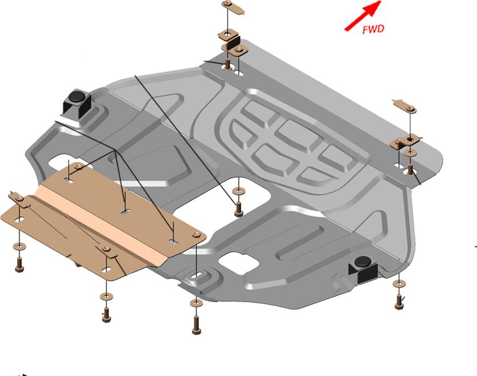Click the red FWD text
pyautogui.click(x=373, y=29)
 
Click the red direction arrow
pyautogui.click(x=362, y=16)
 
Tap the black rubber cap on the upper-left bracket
pyautogui.click(x=76, y=96)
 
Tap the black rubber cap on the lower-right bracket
pyautogui.click(x=362, y=262)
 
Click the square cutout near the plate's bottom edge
pyautogui.click(x=239, y=261)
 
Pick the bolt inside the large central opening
pyautogui.click(x=238, y=209)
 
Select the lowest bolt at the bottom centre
pyautogui.click(x=197, y=325)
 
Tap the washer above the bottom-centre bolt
pyautogui.click(x=196, y=303)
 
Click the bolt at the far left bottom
pyautogui.click(x=19, y=264)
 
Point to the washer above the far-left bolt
pyautogui.click(x=20, y=245)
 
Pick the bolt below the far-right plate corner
pyautogui.click(x=399, y=302)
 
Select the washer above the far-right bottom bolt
pyautogui.click(x=399, y=284)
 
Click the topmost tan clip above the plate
pyautogui.click(x=233, y=7)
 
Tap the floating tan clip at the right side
pyautogui.click(x=405, y=106)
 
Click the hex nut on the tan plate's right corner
pyautogui.click(x=196, y=235)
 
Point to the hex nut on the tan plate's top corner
pyautogui.click(x=78, y=166)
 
